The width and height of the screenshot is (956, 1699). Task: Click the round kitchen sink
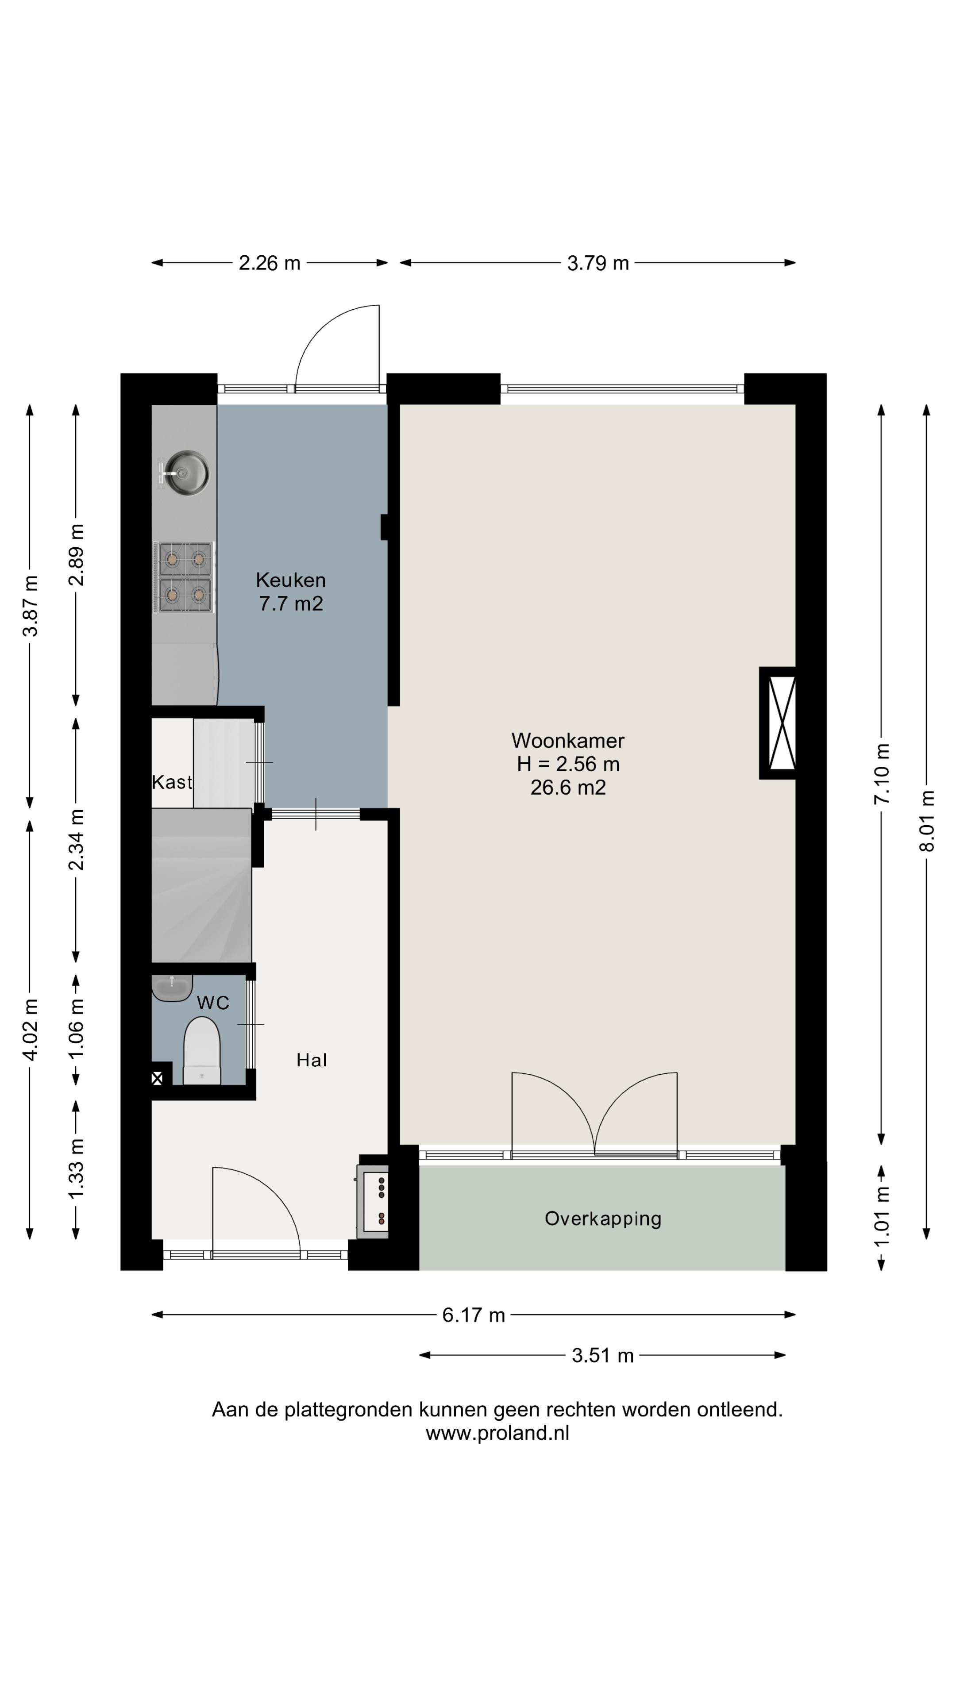(x=187, y=473)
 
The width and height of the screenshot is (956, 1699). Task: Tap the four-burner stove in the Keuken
(x=184, y=577)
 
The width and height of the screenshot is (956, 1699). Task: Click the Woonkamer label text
(x=568, y=740)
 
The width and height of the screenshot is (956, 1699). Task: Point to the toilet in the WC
(x=201, y=1050)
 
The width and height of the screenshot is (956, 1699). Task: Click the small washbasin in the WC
(x=172, y=988)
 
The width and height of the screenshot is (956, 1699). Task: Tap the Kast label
(x=172, y=782)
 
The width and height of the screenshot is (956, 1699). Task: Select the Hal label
(x=312, y=1060)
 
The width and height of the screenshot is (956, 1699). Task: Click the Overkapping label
(x=603, y=1219)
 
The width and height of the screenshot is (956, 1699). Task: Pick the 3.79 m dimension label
(x=598, y=263)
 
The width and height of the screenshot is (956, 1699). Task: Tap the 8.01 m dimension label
(x=927, y=821)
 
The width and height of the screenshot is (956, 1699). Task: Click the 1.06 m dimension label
(x=77, y=1028)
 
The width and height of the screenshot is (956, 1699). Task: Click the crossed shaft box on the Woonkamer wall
(x=778, y=723)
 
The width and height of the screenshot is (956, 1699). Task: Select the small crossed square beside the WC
(x=157, y=1079)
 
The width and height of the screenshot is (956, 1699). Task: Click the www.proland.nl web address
(x=497, y=1433)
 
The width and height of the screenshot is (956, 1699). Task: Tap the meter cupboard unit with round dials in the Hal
(x=373, y=1202)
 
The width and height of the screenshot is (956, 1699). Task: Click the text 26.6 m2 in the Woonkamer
(x=568, y=788)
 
